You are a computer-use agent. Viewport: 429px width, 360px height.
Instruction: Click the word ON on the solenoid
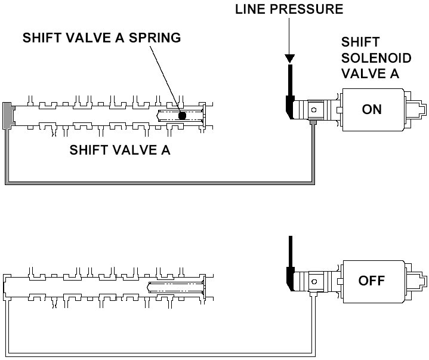click(372, 110)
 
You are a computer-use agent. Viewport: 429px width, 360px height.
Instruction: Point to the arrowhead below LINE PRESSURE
click(289, 59)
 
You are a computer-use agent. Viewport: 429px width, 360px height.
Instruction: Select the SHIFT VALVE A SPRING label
click(101, 38)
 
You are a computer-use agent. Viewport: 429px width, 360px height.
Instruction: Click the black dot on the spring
click(183, 115)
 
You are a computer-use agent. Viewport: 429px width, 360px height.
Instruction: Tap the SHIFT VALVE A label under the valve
click(120, 150)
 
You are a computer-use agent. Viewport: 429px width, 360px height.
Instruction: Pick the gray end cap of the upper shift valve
click(8, 115)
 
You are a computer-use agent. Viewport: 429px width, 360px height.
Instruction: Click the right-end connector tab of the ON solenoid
click(420, 110)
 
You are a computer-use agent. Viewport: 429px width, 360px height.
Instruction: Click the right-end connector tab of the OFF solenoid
click(420, 281)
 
